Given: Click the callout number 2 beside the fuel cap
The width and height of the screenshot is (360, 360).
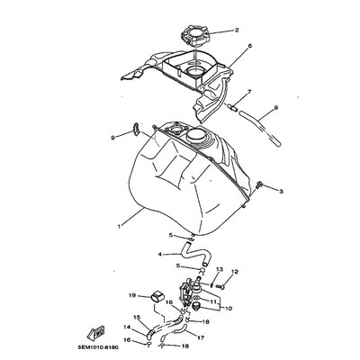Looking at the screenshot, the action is coord(237,30).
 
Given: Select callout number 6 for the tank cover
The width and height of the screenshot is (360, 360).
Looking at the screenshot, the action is coord(249,46).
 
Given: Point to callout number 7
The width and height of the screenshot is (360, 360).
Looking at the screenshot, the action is coord(249,92).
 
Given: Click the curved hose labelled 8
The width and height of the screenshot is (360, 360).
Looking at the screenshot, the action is coord(260,129).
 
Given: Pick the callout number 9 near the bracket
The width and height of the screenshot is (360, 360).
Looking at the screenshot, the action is coord(112,138).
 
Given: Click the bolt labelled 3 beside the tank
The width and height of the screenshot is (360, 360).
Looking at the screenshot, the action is coord(259,184).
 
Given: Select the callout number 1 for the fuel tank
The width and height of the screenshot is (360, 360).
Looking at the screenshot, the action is coord(119,227).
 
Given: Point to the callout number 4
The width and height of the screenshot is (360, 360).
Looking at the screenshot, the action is coord(160,255).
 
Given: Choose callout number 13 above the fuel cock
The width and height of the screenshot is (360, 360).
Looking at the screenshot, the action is coord(220,269).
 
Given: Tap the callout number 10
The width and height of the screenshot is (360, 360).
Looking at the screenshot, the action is coord(229,308).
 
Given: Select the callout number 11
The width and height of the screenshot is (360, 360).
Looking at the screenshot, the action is coord(213,301).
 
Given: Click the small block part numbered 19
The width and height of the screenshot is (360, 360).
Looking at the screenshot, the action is coord(157,295).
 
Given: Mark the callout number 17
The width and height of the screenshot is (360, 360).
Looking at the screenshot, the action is coord(201,337).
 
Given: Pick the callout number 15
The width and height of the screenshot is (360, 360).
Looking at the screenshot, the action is coord(137,317).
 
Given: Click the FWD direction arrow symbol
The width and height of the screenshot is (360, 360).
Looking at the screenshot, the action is coord(96,332).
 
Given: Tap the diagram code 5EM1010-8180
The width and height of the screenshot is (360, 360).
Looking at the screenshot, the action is coord(97,347).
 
